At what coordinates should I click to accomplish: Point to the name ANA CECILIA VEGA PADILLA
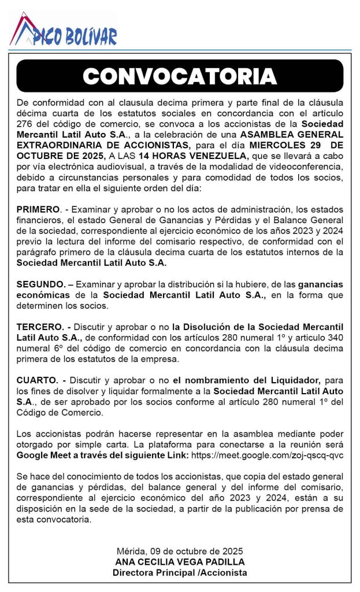tap(180, 561)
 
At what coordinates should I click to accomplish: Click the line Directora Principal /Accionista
tap(180, 572)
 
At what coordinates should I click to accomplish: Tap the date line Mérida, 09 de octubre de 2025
tap(180, 551)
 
